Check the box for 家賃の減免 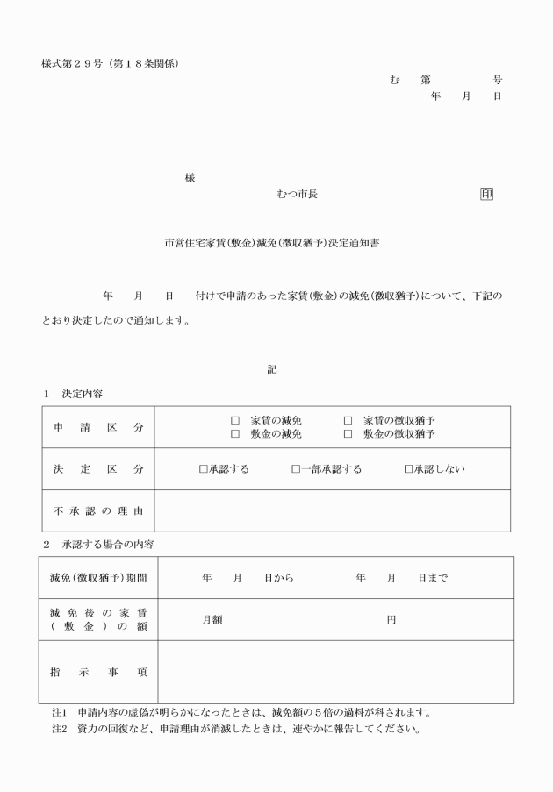tap(234, 421)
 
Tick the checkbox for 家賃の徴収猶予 tap(348, 421)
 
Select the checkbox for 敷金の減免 tap(234, 434)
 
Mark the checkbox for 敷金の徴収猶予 tap(348, 434)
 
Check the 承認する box tap(204, 469)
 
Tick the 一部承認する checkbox tap(296, 469)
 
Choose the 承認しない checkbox tap(408, 469)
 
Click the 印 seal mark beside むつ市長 tap(486, 194)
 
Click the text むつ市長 tap(297, 194)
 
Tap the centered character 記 tap(272, 370)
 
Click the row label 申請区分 tap(97, 427)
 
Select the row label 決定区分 tap(97, 469)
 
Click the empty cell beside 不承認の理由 tap(332, 510)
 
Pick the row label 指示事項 tap(97, 672)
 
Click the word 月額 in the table tap(212, 620)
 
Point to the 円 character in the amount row tap(391, 620)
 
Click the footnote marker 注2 tap(59, 729)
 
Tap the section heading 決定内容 tap(82, 394)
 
